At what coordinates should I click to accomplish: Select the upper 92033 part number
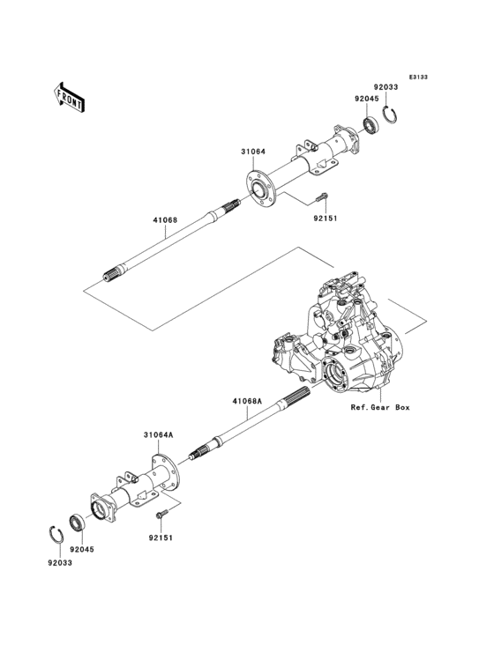(x=385, y=87)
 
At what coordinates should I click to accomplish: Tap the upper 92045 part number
(x=367, y=99)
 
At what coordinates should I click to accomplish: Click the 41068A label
(x=248, y=401)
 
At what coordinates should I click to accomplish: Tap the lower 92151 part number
(x=160, y=537)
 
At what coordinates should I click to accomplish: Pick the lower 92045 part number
(x=82, y=549)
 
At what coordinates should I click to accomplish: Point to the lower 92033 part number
(x=60, y=562)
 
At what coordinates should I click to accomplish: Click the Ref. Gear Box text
(x=380, y=408)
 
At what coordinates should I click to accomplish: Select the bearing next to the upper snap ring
(x=370, y=124)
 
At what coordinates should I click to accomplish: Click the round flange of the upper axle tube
(x=258, y=189)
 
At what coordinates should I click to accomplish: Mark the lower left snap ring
(x=54, y=534)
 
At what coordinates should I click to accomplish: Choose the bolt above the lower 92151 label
(x=161, y=513)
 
